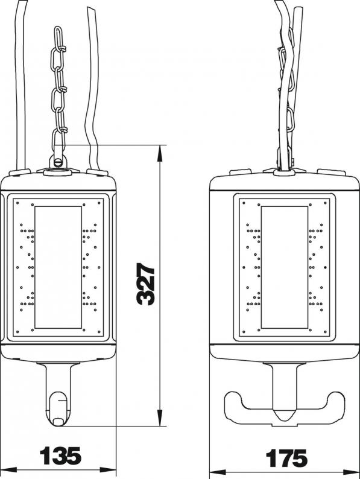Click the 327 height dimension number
tap(146, 284)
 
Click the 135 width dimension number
tap(61, 455)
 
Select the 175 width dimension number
tap(286, 458)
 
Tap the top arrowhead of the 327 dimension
tap(159, 153)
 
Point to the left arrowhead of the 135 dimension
tap(8, 469)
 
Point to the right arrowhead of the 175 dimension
tap(351, 472)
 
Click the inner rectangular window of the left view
tap(58, 267)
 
